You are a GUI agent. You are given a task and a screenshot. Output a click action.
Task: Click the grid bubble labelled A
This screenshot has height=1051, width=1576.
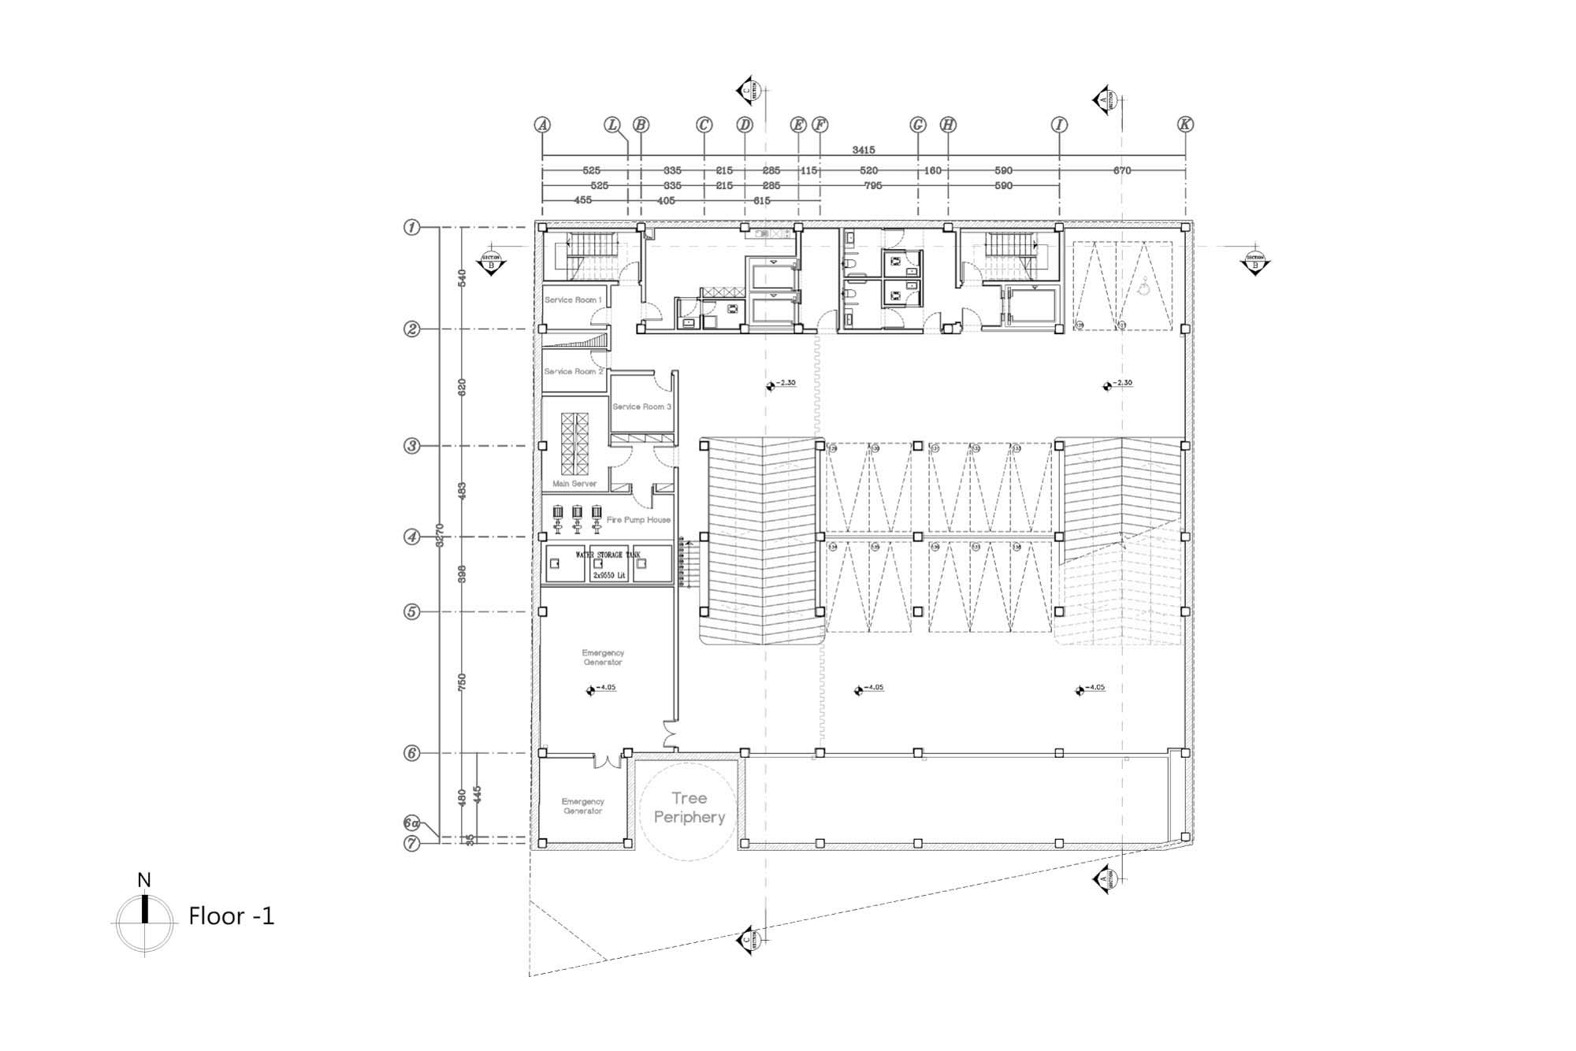click(x=542, y=124)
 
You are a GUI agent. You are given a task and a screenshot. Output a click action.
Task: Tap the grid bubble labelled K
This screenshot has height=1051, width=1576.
click(x=1185, y=124)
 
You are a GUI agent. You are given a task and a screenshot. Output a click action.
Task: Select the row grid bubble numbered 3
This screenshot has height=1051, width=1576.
click(x=411, y=446)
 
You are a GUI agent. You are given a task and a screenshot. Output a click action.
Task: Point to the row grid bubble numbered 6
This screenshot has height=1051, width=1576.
click(x=411, y=753)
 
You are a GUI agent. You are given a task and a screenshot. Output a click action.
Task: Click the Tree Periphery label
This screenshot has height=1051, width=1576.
click(x=689, y=808)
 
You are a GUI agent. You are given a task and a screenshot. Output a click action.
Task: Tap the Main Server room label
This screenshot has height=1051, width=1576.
click(x=574, y=484)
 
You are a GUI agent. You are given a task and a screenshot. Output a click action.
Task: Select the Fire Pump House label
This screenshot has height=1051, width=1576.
click(x=638, y=520)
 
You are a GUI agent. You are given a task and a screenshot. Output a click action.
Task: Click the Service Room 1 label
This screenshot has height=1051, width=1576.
click(x=573, y=300)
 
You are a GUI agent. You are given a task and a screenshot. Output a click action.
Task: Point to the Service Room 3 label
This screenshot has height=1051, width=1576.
click(x=641, y=407)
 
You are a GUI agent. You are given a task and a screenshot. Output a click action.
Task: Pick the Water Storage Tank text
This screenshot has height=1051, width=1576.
click(x=609, y=555)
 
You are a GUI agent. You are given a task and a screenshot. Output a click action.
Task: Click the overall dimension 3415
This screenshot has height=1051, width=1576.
click(x=864, y=150)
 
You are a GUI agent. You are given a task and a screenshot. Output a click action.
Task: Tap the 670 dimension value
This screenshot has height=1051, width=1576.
click(x=1122, y=170)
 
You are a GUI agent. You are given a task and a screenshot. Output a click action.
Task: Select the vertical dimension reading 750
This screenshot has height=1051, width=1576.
click(x=463, y=681)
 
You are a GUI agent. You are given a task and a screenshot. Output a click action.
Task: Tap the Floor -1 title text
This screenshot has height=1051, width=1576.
click(x=232, y=916)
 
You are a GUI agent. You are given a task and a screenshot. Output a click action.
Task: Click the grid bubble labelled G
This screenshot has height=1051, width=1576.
click(x=917, y=124)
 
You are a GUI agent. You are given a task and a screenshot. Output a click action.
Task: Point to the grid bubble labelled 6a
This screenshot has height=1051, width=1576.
click(x=411, y=823)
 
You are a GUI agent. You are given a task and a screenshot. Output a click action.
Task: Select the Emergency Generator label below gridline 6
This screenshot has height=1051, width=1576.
click(x=583, y=806)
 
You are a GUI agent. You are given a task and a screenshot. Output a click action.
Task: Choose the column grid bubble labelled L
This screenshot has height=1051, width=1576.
click(x=612, y=124)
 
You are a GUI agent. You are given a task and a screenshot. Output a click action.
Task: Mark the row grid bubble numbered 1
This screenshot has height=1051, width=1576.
click(x=411, y=228)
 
